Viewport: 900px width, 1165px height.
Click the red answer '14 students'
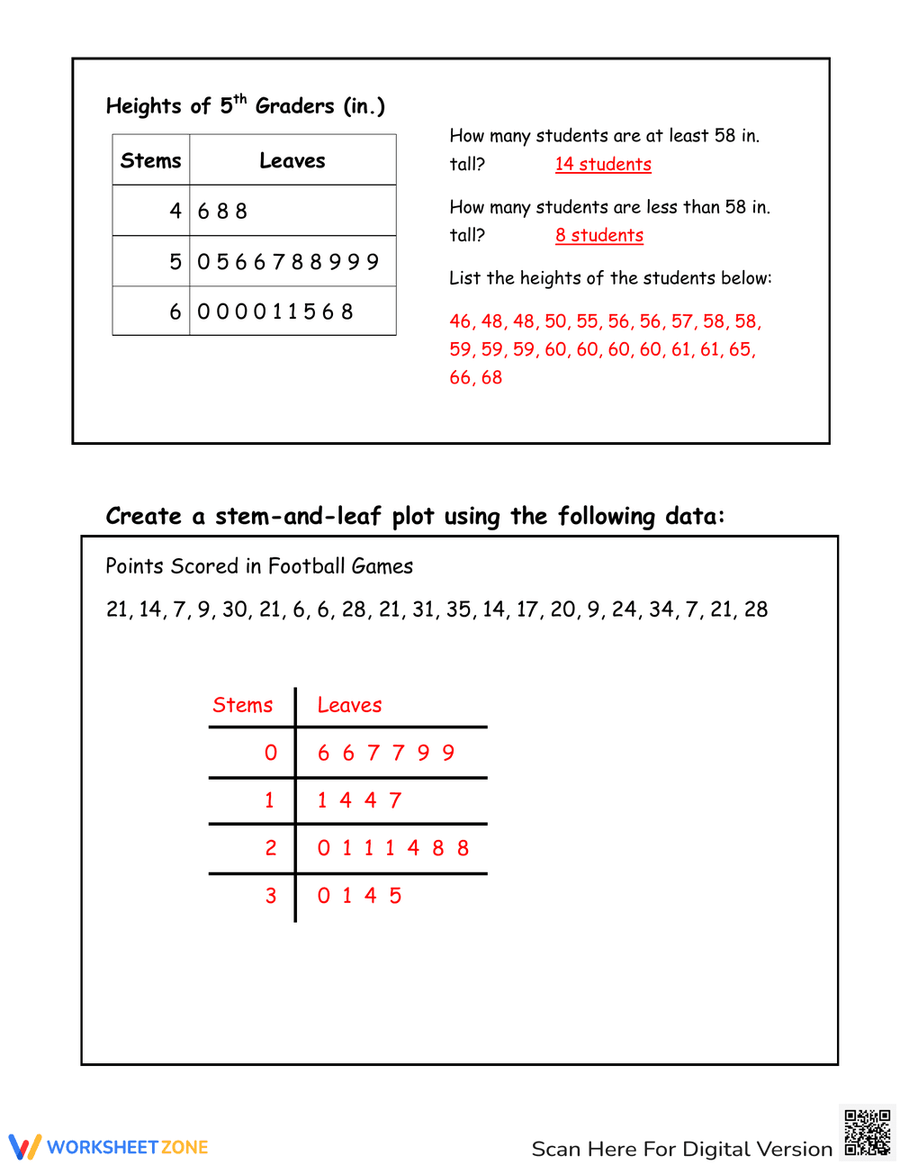603,164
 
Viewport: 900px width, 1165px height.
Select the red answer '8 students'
598,235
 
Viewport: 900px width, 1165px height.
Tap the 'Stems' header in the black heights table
150,160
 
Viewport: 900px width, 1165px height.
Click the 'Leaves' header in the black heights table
292,160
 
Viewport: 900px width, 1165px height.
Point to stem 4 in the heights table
175,211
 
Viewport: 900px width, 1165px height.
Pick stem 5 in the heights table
175,262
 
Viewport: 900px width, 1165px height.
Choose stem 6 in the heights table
175,312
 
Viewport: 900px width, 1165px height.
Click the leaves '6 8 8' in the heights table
222,211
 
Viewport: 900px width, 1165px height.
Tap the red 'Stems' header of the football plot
242,705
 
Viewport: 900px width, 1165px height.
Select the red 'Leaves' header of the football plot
349,705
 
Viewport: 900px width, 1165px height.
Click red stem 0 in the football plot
271,753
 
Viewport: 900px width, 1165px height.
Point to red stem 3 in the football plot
271,896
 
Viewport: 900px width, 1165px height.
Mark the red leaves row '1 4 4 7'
359,800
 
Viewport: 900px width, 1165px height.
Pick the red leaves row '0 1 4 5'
359,896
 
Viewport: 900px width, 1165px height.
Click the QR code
867,1132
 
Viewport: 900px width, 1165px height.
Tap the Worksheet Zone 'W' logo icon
24,1146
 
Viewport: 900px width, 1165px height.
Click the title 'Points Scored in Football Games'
259,566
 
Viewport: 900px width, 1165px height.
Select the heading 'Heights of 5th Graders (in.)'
245,105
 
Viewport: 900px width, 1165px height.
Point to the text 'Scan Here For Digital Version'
681,1149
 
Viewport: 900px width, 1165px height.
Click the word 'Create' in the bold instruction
143,516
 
